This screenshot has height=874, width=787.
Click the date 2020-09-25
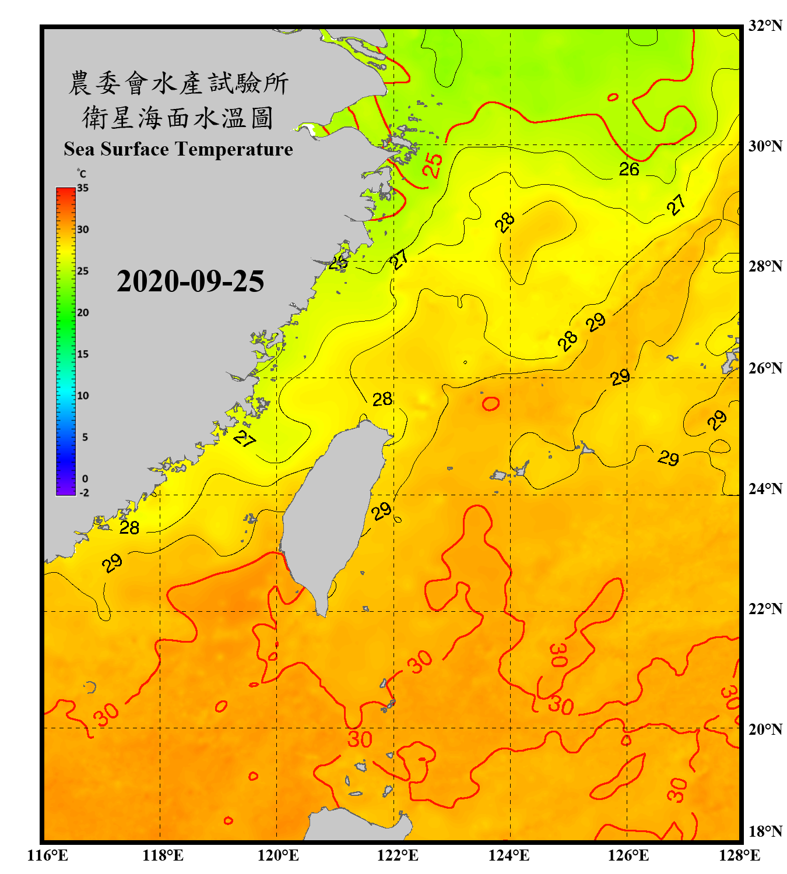(x=190, y=281)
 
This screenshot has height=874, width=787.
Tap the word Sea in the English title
(x=79, y=149)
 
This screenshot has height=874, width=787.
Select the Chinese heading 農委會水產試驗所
(x=178, y=83)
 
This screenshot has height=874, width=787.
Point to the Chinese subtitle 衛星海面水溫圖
(x=178, y=118)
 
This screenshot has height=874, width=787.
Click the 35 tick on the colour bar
(x=83, y=188)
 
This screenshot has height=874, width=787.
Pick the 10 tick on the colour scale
(x=83, y=396)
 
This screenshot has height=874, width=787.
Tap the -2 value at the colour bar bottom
(x=84, y=492)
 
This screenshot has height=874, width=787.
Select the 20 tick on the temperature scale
(x=83, y=312)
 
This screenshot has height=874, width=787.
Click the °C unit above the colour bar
(x=81, y=174)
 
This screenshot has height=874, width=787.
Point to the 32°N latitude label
(x=765, y=26)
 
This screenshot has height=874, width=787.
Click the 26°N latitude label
(x=765, y=368)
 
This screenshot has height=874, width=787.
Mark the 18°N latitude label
(x=765, y=831)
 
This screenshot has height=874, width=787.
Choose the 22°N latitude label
(x=765, y=609)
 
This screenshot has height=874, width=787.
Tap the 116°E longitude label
(x=48, y=855)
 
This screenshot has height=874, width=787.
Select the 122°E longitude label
(x=398, y=855)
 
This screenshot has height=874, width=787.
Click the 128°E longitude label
(x=739, y=855)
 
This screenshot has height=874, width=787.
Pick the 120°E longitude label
(x=278, y=855)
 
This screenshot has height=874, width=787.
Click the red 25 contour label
(x=432, y=165)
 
